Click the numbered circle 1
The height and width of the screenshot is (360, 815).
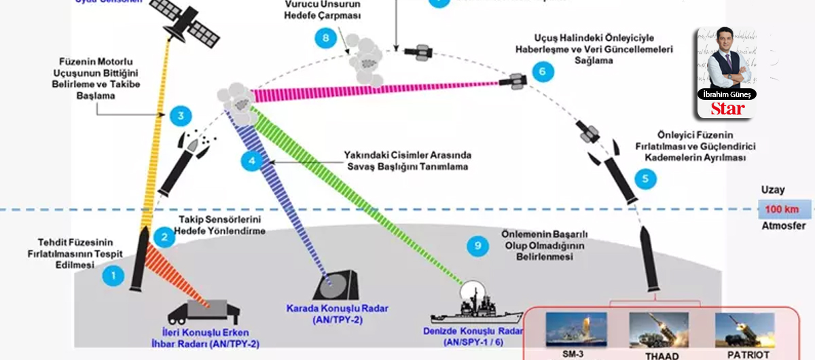coord(113,275)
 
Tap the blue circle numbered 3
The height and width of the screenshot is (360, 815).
coord(180,116)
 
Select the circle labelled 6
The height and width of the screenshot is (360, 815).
coord(542,71)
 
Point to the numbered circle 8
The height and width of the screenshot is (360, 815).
coord(326,39)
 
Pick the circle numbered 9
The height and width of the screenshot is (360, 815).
coord(478,246)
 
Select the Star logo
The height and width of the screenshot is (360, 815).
coord(727,109)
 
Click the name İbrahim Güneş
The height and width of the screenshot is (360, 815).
coord(727,94)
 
